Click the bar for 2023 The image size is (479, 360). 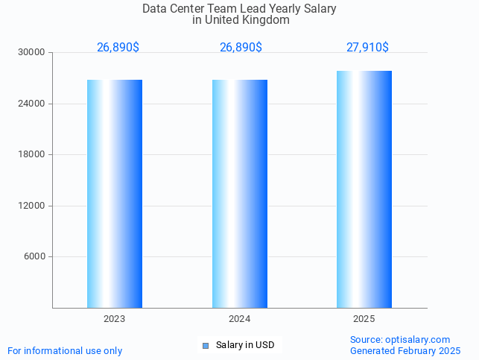pyautogui.click(x=115, y=194)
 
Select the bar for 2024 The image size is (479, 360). pyautogui.click(x=240, y=194)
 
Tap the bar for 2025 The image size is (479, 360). pyautogui.click(x=364, y=189)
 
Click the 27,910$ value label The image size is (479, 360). pyautogui.click(x=367, y=48)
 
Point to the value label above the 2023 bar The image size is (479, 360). pyautogui.click(x=118, y=48)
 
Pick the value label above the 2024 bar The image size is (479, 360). pyautogui.click(x=241, y=48)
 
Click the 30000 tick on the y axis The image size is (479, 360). pyautogui.click(x=32, y=53)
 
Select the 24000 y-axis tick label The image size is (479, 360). pyautogui.click(x=32, y=104)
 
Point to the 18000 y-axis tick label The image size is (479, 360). pyautogui.click(x=32, y=155)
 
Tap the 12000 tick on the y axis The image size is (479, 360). pyautogui.click(x=32, y=206)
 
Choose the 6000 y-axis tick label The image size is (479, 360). pyautogui.click(x=34, y=257)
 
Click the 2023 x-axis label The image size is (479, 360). pyautogui.click(x=115, y=319)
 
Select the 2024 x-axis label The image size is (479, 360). pyautogui.click(x=240, y=319)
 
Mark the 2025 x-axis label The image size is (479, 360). pyautogui.click(x=364, y=319)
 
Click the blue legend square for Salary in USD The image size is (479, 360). pyautogui.click(x=206, y=345)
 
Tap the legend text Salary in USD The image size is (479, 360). pyautogui.click(x=245, y=345)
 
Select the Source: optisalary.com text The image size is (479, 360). pyautogui.click(x=400, y=340)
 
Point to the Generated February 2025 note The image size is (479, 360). pyautogui.click(x=405, y=351)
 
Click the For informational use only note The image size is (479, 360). pyautogui.click(x=65, y=351)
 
